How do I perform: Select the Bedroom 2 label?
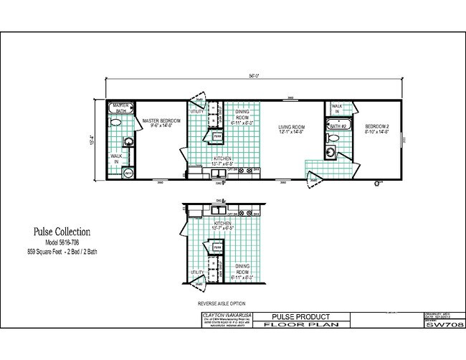coord(377,128)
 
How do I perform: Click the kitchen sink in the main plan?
coord(216,170)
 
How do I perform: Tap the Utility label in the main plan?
coord(197,111)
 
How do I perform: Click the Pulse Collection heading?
coord(61,232)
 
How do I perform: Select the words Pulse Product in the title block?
coord(302,316)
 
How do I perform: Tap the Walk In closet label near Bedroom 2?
coord(337,108)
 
